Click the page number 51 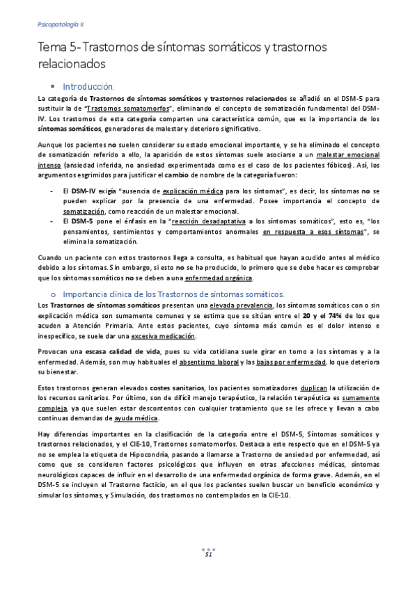207,555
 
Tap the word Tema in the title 52,47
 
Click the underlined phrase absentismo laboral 210,362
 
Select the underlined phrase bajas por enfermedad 275,362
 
